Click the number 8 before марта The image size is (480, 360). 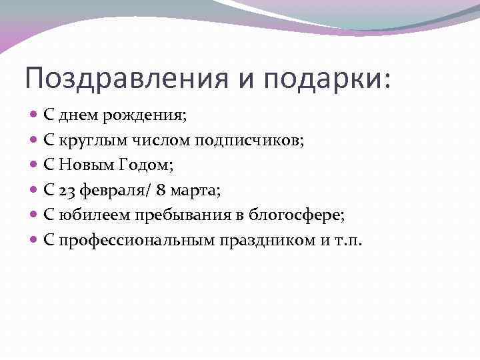click(161, 191)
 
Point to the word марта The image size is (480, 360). click(195, 191)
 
